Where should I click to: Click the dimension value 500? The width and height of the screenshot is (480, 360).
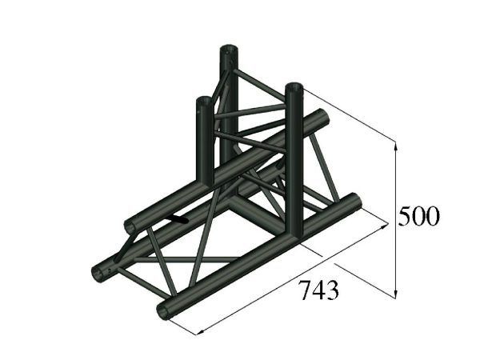click(419, 216)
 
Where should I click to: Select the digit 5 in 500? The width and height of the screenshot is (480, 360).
click(406, 216)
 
